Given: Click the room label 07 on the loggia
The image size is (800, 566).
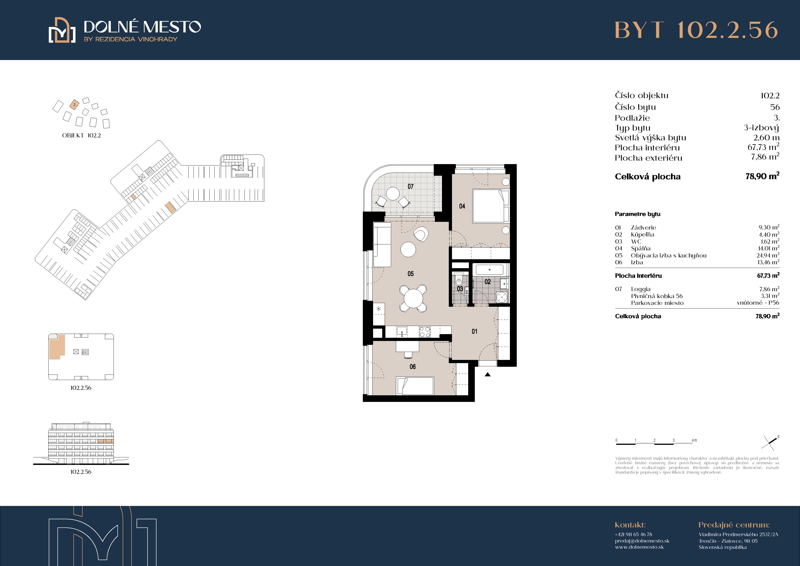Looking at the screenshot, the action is click(410, 186).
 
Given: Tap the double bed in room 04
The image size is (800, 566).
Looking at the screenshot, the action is click(491, 206).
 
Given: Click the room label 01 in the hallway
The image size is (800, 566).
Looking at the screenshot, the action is click(475, 331).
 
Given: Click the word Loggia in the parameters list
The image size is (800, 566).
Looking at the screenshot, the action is click(641, 289).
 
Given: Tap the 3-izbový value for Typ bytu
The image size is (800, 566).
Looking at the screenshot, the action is click(761, 128).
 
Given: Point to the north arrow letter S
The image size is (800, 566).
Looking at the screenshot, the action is click(778, 437).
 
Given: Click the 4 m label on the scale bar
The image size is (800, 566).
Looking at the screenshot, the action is click(694, 440).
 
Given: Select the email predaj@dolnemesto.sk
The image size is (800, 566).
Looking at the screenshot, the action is click(642, 541).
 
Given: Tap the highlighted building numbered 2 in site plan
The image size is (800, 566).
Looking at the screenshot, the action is click(74, 104).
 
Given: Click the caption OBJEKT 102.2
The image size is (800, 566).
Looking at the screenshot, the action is click(82, 135).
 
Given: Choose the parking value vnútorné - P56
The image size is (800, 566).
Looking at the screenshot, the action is click(758, 303).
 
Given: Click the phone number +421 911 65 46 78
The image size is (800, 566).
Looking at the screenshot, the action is click(634, 534).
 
